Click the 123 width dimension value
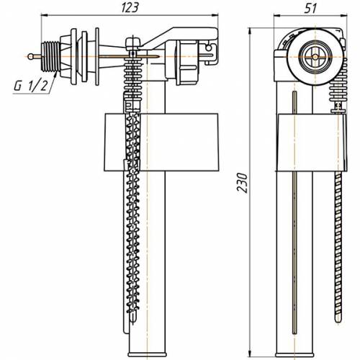(130, 7)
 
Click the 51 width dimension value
(310, 9)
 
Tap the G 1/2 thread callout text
(31, 86)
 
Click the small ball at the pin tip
(30, 57)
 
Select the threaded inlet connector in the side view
(50, 57)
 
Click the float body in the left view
(161, 142)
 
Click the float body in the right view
(311, 143)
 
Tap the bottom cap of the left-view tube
(147, 354)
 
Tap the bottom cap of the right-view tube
(294, 354)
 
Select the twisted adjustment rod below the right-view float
(338, 247)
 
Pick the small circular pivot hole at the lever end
(209, 48)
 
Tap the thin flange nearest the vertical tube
(97, 56)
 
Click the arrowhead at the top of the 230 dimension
(251, 31)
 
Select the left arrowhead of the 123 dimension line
(45, 15)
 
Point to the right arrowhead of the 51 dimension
(344, 16)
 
